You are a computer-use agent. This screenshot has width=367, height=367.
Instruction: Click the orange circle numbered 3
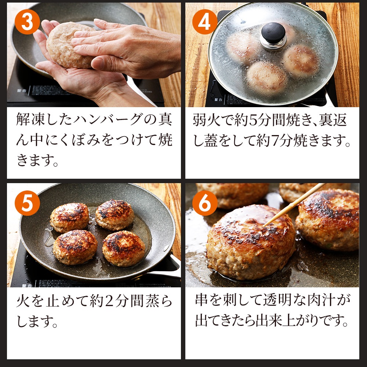[x=27, y=22]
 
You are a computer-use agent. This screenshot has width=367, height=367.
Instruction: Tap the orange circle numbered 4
[x=205, y=22]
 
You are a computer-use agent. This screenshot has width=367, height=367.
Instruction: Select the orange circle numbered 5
[x=27, y=203]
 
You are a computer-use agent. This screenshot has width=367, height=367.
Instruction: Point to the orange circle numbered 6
[x=205, y=203]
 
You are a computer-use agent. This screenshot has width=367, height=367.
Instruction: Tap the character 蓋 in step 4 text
[x=211, y=141]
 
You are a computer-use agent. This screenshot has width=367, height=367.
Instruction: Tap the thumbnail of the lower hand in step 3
[x=99, y=63]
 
